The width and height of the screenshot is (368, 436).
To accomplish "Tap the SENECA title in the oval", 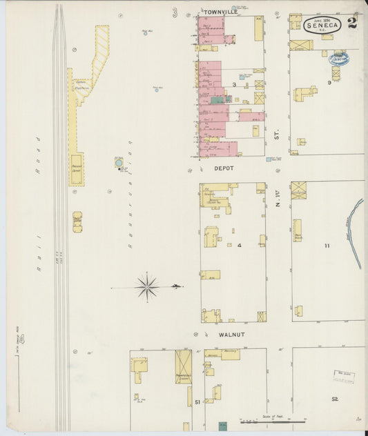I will point(322,26).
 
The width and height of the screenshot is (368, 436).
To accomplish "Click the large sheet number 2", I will point(352,23).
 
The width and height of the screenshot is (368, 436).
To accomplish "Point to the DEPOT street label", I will point(223,168).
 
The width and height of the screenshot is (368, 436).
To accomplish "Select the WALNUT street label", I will point(232,335).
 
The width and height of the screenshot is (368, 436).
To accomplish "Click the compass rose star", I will point(147,286).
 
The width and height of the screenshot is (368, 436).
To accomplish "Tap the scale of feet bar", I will point(272,422).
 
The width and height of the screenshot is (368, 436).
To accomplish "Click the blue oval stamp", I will point(339,59).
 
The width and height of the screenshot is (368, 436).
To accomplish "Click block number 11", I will point(327,246).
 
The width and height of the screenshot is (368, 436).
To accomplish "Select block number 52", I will point(335,399).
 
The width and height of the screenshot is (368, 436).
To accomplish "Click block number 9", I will point(329,83).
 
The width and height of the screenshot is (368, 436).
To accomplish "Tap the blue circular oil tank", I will point(119,163).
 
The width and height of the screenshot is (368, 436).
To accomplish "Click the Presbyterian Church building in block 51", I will point(183,366).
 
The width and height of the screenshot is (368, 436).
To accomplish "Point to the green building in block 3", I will point(218,100).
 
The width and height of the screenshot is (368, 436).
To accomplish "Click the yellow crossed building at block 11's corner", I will point(298,190).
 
